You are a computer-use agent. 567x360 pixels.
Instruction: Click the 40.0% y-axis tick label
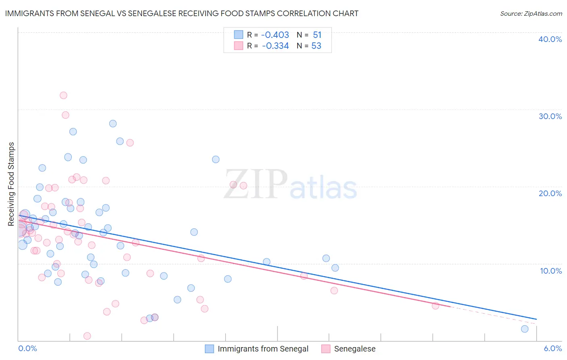tap(550, 39)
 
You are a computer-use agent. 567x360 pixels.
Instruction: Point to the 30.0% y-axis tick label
tap(550, 116)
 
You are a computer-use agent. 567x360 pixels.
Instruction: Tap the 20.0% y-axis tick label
tap(550, 193)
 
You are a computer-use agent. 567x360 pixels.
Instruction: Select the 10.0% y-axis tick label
tap(550, 271)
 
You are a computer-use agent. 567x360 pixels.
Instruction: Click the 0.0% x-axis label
tap(27, 348)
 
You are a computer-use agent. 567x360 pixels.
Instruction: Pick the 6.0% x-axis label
tap(552, 348)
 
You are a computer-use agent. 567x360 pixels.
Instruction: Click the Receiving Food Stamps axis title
tap(11, 184)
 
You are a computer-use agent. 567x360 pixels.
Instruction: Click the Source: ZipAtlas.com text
tap(531, 13)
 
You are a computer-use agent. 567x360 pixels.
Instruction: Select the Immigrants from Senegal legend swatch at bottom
tap(209, 349)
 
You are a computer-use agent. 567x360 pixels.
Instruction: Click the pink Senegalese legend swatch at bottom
tap(326, 349)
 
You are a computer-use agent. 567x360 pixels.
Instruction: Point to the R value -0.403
tap(275, 35)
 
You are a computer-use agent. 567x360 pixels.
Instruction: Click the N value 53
tap(316, 46)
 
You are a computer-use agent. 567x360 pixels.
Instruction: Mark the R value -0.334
tap(275, 46)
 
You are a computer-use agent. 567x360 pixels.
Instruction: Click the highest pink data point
tap(63, 95)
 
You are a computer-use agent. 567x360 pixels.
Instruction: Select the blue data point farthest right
tap(525, 329)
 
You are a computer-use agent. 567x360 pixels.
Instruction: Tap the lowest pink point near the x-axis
tap(87, 336)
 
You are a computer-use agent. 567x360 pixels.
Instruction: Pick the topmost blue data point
tap(113, 123)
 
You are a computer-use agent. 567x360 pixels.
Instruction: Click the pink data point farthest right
tap(435, 306)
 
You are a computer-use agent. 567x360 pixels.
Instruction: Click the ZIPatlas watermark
tap(290, 185)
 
